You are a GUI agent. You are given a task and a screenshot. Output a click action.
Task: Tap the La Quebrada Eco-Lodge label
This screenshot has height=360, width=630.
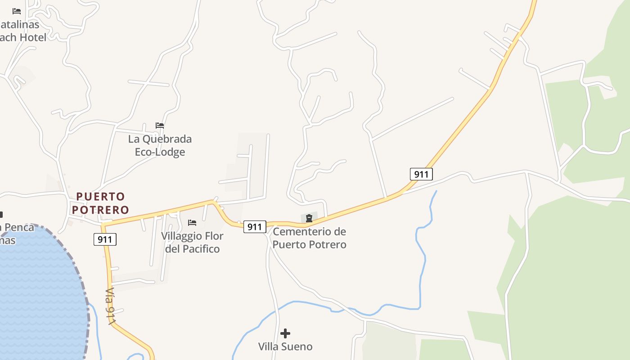coord(160,145)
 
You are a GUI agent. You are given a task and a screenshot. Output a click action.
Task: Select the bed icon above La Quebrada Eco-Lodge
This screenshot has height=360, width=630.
coord(160,125)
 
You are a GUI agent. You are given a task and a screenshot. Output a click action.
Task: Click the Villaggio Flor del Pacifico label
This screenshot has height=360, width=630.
coord(192,242)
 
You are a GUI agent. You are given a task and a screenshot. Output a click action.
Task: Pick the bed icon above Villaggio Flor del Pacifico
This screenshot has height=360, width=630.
coord(192,222)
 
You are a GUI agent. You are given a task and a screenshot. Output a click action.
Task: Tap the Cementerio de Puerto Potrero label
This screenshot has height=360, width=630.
coord(310,238)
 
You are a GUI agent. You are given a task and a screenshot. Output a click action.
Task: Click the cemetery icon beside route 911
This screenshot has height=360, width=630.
coord(309,219)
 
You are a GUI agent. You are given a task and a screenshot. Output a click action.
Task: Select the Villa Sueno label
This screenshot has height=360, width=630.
coord(285,346)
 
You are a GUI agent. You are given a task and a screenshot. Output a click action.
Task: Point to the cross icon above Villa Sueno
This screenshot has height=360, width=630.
coord(285,333)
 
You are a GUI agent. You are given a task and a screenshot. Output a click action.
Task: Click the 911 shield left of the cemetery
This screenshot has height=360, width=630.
coord(255,227)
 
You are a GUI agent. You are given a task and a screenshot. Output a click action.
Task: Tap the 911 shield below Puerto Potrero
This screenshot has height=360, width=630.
coord(105,239)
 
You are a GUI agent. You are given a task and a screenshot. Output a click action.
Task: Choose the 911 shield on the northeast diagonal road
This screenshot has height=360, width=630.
coord(421,174)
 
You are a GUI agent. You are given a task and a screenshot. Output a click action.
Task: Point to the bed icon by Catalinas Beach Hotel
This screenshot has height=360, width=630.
coord(17,11)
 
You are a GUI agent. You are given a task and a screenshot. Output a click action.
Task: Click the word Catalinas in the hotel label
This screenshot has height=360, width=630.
coord(20,24)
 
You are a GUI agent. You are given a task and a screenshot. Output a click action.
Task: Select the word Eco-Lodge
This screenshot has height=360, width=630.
coord(160,152)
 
